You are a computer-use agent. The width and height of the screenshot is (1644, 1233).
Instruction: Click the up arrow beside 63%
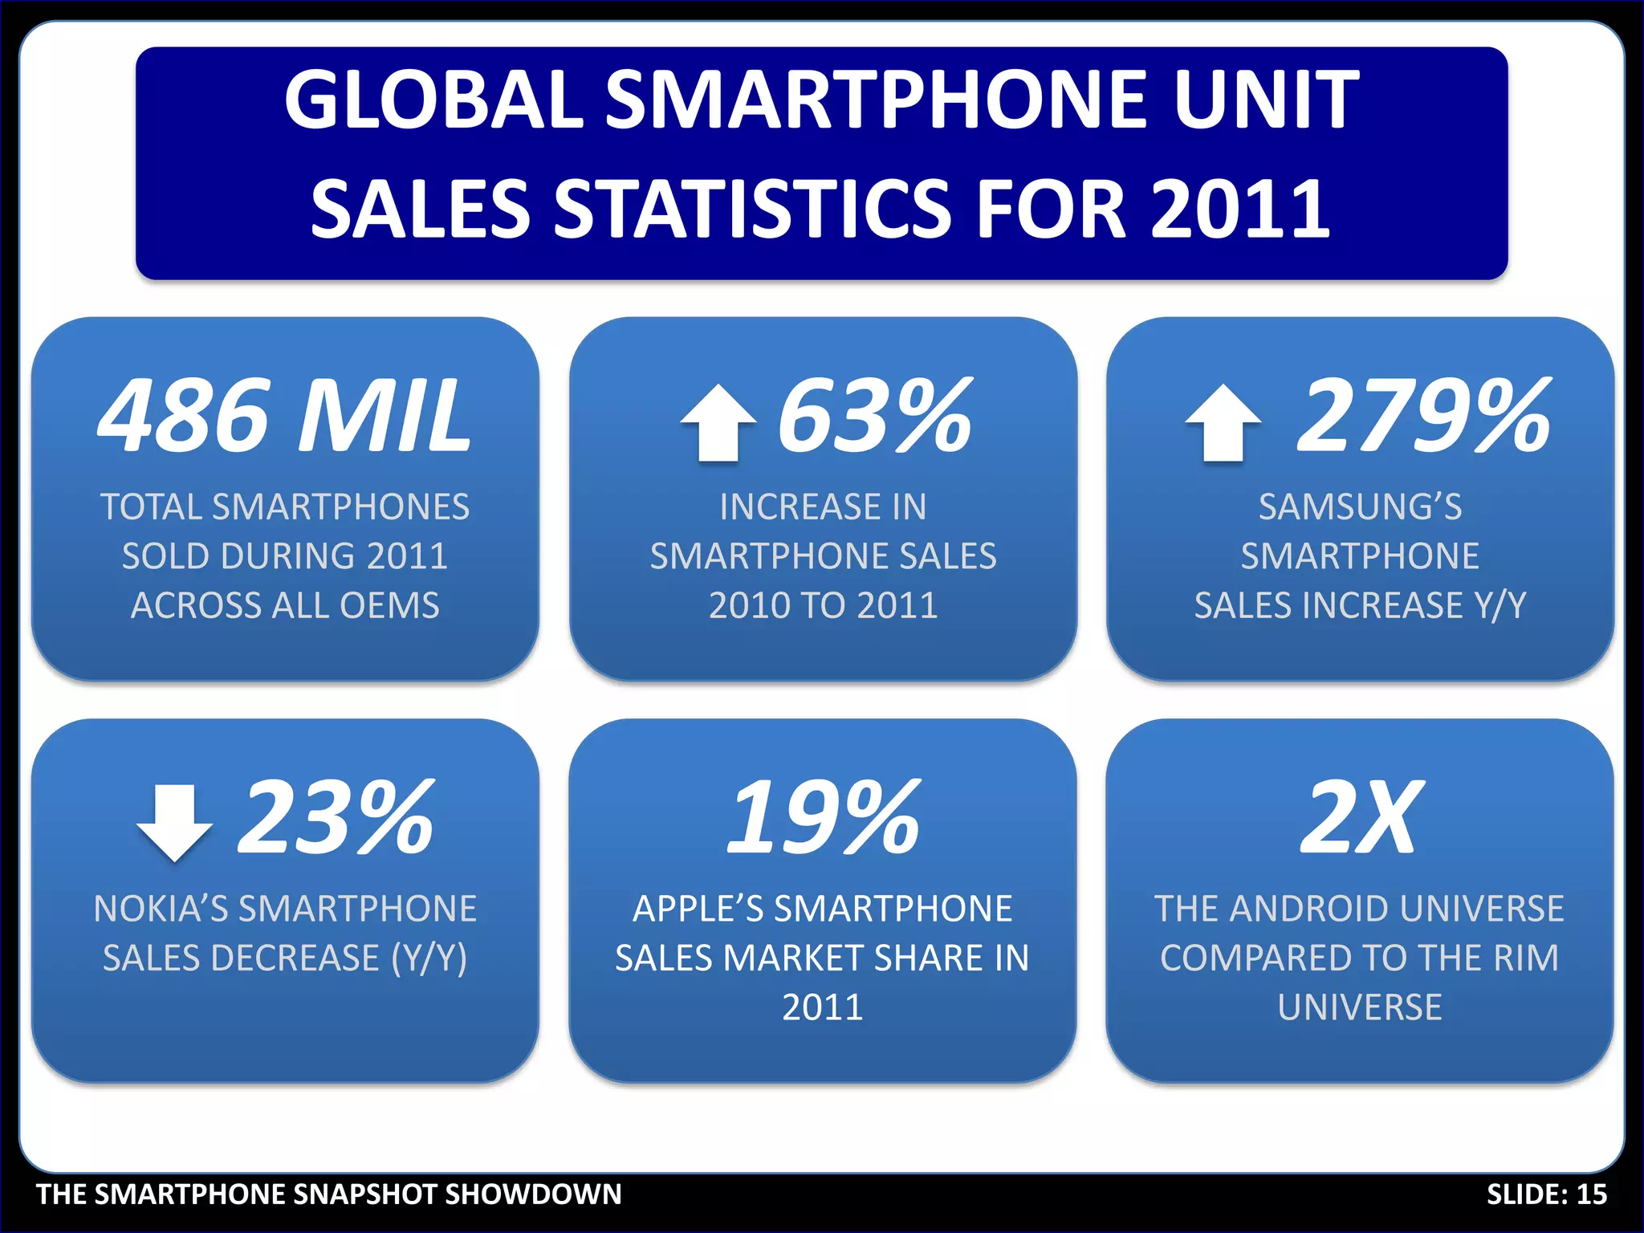coord(718,423)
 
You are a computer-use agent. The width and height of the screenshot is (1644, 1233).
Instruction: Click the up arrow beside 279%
coord(1223,423)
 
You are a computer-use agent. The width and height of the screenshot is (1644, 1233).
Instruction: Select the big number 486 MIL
coord(284,416)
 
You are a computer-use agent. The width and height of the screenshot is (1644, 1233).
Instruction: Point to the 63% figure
coord(875,416)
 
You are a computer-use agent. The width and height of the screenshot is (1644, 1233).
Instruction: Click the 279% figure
coord(1424,416)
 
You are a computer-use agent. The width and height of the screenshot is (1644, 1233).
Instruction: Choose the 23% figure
coord(336,817)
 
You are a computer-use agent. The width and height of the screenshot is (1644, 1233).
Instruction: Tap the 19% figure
coord(823,817)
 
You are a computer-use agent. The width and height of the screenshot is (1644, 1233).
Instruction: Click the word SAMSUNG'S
coord(1360,507)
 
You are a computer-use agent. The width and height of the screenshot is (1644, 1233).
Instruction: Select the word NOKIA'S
coord(161,909)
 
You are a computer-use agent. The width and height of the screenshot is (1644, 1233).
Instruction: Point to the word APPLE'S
coord(698,909)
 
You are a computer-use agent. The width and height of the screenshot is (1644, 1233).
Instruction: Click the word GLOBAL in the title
coord(433,100)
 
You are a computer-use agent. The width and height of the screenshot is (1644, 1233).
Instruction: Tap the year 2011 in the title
coord(1240,209)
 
